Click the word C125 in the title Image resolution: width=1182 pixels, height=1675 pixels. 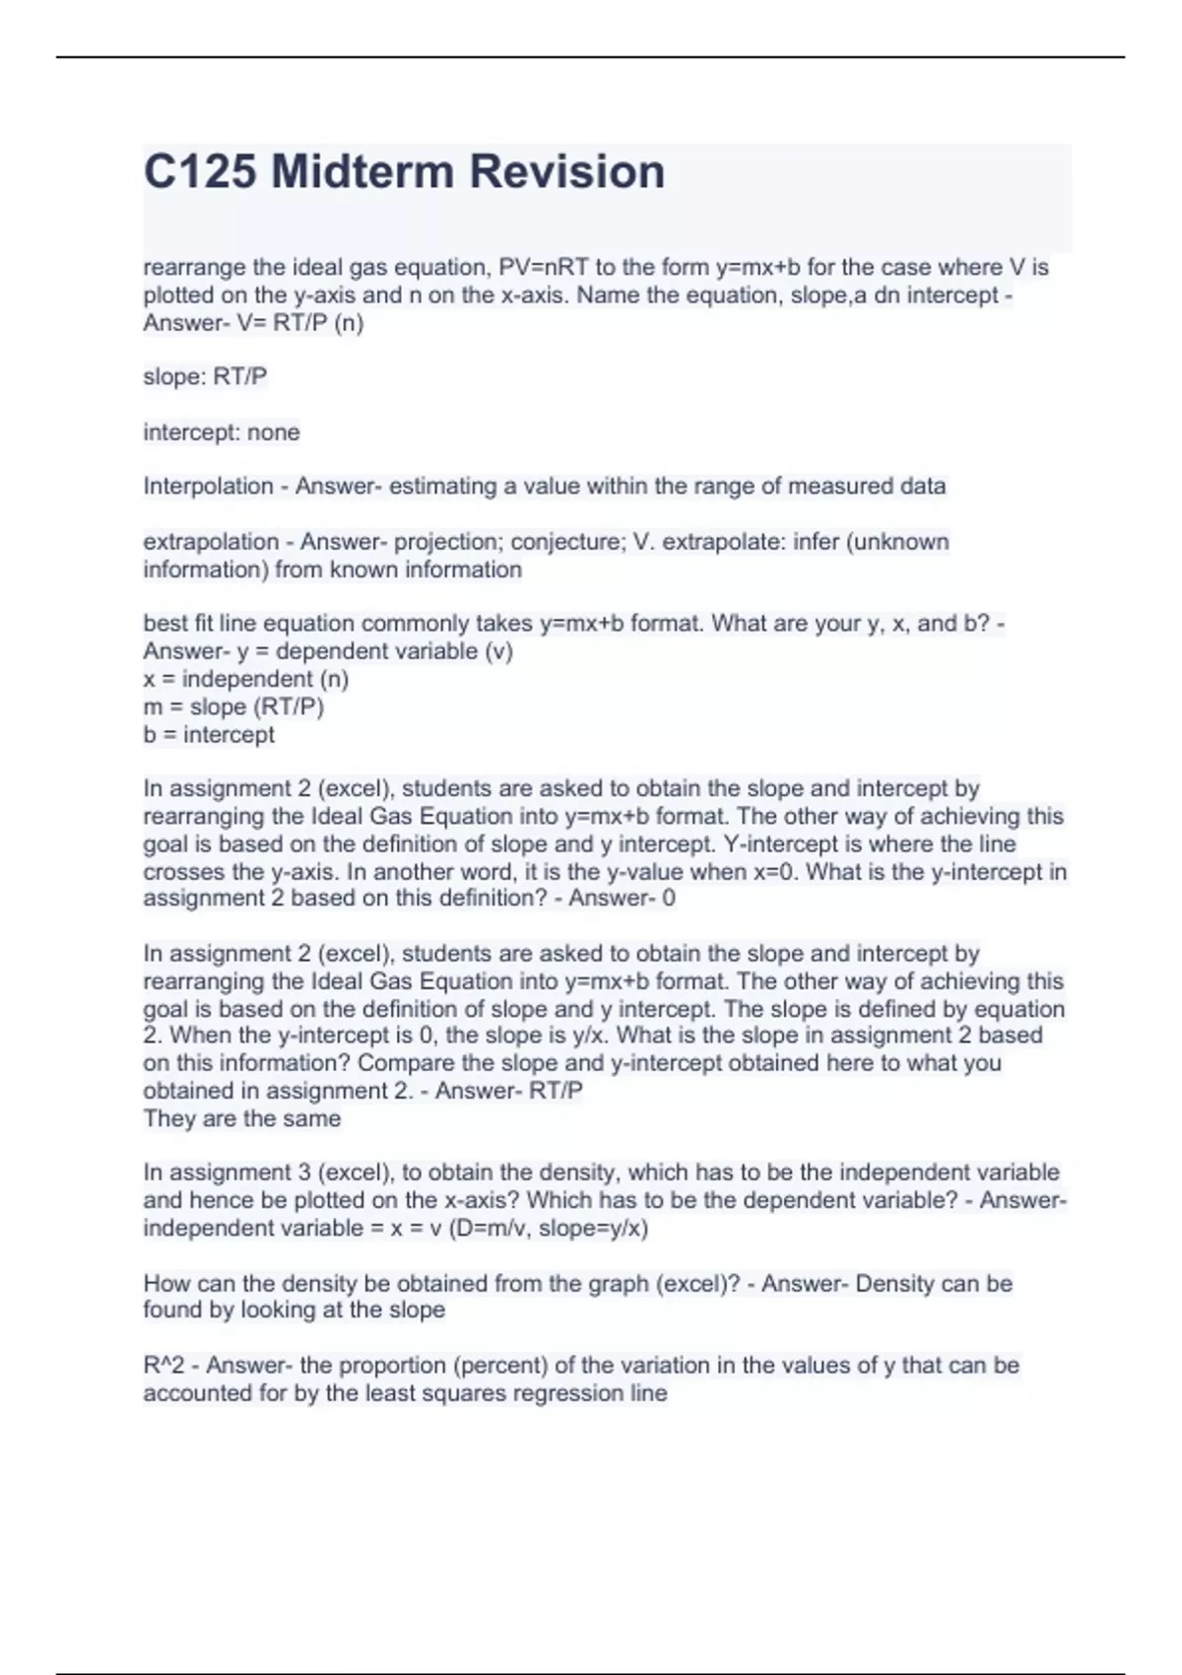pyautogui.click(x=200, y=172)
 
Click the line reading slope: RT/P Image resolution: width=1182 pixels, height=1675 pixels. pyautogui.click(x=205, y=376)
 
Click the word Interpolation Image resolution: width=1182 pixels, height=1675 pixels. pyautogui.click(x=208, y=486)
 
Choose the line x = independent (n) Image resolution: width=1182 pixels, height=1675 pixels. pyautogui.click(x=246, y=679)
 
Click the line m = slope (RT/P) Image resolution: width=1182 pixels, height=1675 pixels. pyautogui.click(x=233, y=706)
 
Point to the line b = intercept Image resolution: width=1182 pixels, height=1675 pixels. pyautogui.click(x=209, y=734)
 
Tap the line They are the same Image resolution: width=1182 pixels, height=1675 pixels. pyautogui.click(x=242, y=1118)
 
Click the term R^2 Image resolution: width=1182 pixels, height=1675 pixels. pyautogui.click(x=164, y=1366)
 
